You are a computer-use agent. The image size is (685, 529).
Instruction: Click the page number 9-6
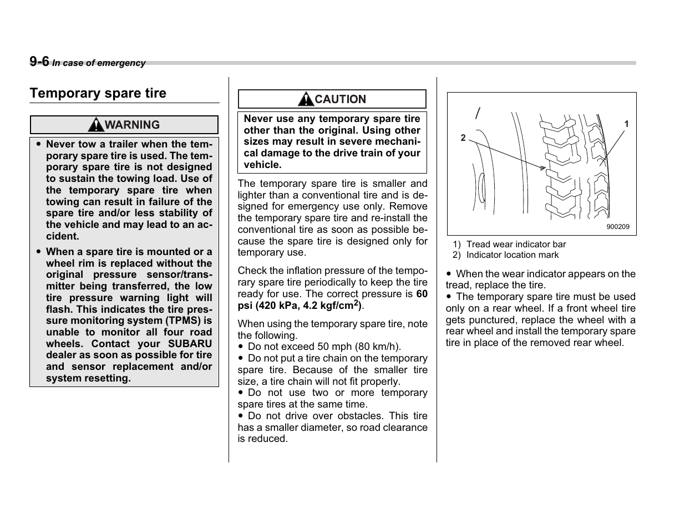[39, 62]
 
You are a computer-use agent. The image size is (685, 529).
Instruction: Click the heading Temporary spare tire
[98, 93]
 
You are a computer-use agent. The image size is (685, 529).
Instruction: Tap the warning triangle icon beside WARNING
[97, 125]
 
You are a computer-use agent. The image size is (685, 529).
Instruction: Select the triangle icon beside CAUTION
[305, 100]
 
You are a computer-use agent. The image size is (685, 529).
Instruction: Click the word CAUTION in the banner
[341, 100]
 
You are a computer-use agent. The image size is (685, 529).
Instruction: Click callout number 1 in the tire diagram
[626, 124]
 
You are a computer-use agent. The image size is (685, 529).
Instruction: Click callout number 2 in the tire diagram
[463, 138]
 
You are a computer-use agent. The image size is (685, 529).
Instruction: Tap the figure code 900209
[617, 227]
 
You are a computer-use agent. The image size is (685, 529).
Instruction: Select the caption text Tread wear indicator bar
[516, 245]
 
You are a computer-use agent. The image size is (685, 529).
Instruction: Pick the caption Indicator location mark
[513, 255]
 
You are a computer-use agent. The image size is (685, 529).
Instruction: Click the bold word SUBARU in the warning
[190, 344]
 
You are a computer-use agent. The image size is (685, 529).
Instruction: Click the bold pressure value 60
[422, 294]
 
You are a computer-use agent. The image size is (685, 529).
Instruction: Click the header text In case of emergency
[99, 63]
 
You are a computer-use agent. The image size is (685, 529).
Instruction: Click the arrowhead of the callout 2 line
[543, 167]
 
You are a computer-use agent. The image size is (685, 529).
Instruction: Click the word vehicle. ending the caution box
[262, 165]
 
